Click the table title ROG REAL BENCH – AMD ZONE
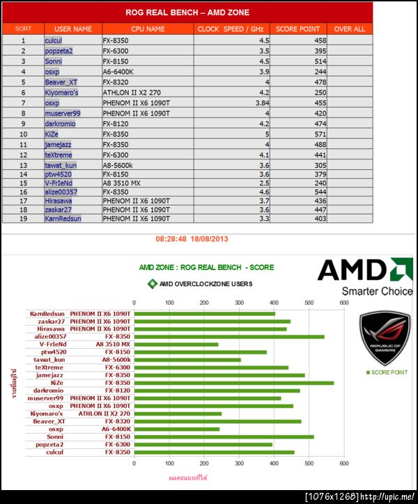pyautogui.click(x=187, y=13)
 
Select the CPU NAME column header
pyautogui.click(x=148, y=29)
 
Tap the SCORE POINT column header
pyautogui.click(x=298, y=29)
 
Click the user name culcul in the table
pyautogui.click(x=54, y=41)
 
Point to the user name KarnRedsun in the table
pyautogui.click(x=63, y=218)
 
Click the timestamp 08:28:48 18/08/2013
pyautogui.click(x=192, y=239)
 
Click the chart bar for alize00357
pyautogui.click(x=229, y=336)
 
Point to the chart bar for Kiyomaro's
pyautogui.click(x=178, y=414)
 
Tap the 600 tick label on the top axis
pyautogui.click(x=343, y=303)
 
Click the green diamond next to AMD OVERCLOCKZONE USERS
pyautogui.click(x=152, y=284)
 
